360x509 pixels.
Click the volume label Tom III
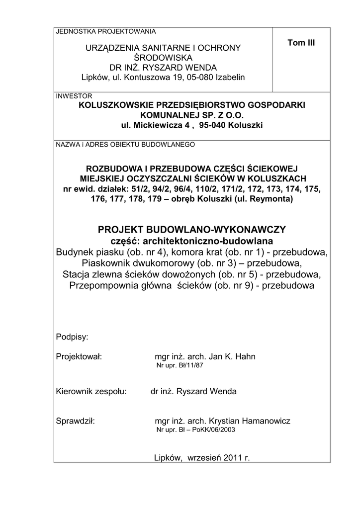(301, 43)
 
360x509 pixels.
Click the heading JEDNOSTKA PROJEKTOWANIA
(106, 31)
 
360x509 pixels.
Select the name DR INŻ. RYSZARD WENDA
(163, 68)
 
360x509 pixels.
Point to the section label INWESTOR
(74, 96)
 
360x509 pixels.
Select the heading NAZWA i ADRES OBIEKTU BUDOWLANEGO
(125, 145)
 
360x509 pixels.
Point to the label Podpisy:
(72, 337)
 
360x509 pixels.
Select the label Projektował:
(79, 357)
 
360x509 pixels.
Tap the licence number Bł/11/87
(190, 366)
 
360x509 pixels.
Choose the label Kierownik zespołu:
(92, 391)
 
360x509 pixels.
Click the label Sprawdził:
(76, 422)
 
